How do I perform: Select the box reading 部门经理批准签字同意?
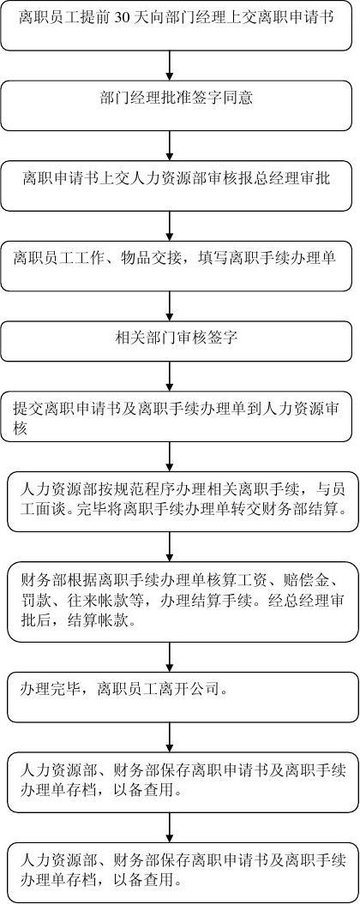point(176,105)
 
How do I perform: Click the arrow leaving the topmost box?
point(170,65)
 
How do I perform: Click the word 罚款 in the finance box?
point(33,602)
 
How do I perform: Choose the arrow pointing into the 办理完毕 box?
point(170,656)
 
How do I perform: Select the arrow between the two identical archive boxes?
point(170,828)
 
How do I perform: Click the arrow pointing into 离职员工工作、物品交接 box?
point(170,226)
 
